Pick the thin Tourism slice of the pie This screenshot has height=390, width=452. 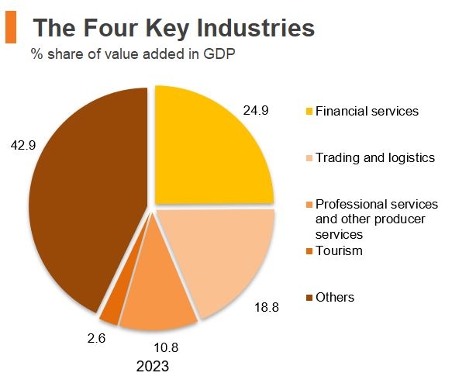pos(113,307)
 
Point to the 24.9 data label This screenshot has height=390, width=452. pos(255,111)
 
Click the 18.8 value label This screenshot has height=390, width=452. pos(266,307)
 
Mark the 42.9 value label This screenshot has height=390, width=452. pos(22,144)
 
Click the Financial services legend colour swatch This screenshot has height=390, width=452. pos(309,112)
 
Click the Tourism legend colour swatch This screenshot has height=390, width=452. pos(309,250)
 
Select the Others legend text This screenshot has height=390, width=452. pos(335,297)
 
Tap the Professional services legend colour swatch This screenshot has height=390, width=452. pos(309,205)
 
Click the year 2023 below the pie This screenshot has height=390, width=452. pos(151,365)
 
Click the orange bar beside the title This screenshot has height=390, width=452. pos(10,29)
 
